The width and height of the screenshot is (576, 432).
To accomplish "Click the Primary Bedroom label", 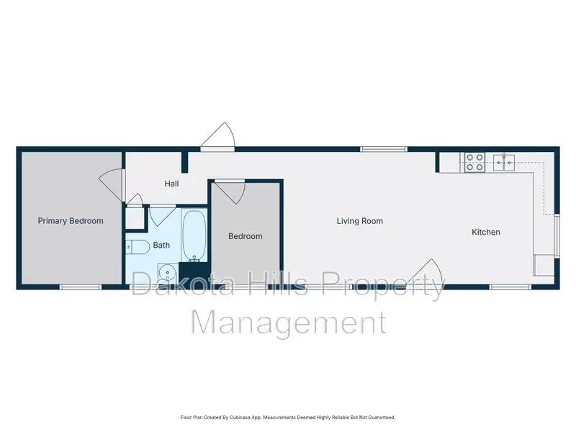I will [71, 221].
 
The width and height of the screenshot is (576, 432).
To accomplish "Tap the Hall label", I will [171, 184].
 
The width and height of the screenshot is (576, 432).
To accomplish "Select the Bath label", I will [161, 246].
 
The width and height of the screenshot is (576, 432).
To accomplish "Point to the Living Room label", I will [359, 221].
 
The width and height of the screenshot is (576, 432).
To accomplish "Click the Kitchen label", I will [486, 232].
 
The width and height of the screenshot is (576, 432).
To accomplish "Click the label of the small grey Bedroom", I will [246, 236].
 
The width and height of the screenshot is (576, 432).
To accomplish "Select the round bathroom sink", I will [167, 274].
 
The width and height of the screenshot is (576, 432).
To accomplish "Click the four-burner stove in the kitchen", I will [474, 163].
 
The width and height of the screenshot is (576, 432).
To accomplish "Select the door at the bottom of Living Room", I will [426, 274].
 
